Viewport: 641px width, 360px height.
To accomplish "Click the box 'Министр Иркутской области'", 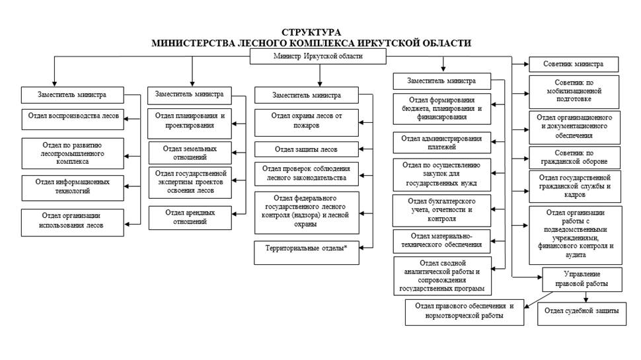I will (318, 57).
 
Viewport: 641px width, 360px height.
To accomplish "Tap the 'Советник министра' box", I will (573, 65).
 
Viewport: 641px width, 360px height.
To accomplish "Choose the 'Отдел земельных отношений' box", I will (190, 152).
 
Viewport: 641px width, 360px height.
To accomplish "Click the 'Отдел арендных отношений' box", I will (190, 217).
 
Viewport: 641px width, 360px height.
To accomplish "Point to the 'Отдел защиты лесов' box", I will (307, 149).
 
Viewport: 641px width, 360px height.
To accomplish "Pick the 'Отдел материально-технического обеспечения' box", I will (441, 240).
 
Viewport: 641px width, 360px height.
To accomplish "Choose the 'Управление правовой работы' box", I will (582, 279).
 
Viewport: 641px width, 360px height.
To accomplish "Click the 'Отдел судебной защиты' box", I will (582, 311).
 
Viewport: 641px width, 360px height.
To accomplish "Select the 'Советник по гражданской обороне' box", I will (574, 157).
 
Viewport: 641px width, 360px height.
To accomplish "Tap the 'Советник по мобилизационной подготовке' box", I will (574, 91).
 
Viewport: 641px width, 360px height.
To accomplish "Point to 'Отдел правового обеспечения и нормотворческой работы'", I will (464, 311).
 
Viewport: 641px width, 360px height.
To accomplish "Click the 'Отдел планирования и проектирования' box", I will (190, 120).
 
